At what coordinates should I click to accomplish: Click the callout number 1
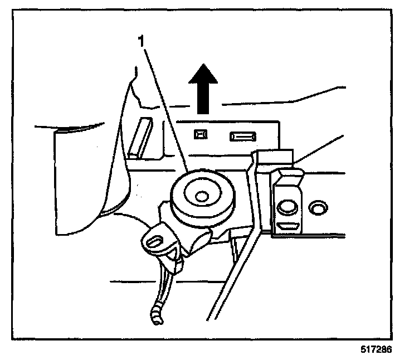pyautogui.click(x=143, y=42)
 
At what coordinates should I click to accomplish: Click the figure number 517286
pyautogui.click(x=377, y=351)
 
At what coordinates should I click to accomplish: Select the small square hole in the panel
pyautogui.click(x=199, y=134)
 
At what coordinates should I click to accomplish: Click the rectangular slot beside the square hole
pyautogui.click(x=243, y=135)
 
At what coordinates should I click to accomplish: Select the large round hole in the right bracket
pyautogui.click(x=288, y=207)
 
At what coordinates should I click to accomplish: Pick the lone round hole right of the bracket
pyautogui.click(x=318, y=208)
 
